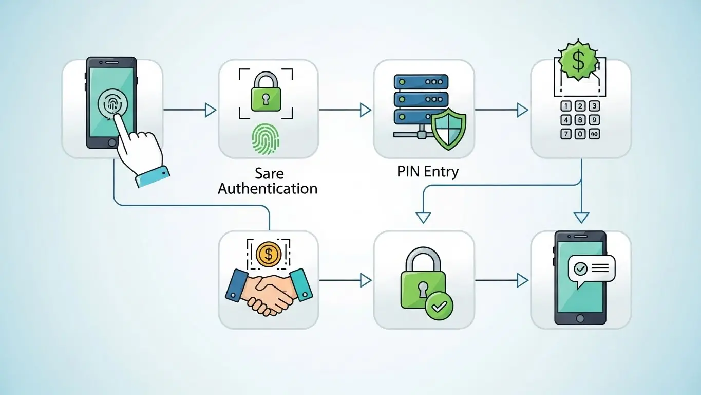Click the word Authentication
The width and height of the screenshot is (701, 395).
[268, 188]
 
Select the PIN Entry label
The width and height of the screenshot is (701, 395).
[427, 171]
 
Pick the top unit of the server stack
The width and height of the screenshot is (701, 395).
[421, 82]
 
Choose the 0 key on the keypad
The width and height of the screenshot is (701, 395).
[580, 134]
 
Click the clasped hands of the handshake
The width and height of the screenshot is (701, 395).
[270, 292]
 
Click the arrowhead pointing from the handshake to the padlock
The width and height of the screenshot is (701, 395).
[366, 280]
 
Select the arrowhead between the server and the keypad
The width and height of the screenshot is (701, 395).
[522, 110]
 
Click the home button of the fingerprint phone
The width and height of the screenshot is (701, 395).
[111, 142]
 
